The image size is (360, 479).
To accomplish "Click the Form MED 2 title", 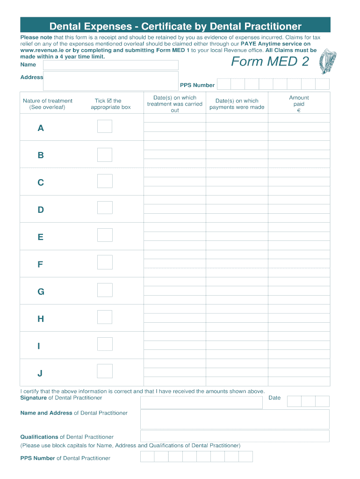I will click(270, 61).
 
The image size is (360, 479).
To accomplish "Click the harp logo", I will click(327, 62).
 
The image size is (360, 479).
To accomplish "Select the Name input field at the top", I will click(110, 65).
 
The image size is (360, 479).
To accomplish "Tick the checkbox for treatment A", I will click(105, 126).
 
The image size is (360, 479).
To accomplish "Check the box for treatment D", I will click(105, 208).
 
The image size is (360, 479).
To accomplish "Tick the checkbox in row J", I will click(105, 371).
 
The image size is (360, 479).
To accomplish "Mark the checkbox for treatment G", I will click(105, 290).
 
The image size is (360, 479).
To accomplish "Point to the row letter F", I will click(41, 264).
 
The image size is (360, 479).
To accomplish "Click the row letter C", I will click(41, 182).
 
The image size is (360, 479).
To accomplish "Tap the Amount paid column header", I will click(299, 104).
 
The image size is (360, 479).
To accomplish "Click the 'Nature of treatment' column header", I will click(47, 104).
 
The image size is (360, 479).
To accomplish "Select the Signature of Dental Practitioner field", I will click(201, 402).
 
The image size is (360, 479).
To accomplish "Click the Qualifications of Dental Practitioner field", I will click(235, 436).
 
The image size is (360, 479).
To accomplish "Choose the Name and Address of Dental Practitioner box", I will click(235, 419).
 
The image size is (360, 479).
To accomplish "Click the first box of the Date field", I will click(294, 401).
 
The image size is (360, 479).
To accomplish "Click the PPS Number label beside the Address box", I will click(197, 85).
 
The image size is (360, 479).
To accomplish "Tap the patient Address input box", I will click(110, 80).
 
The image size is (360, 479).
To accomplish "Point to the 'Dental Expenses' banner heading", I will click(175, 26).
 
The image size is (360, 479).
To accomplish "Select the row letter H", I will click(41, 319).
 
